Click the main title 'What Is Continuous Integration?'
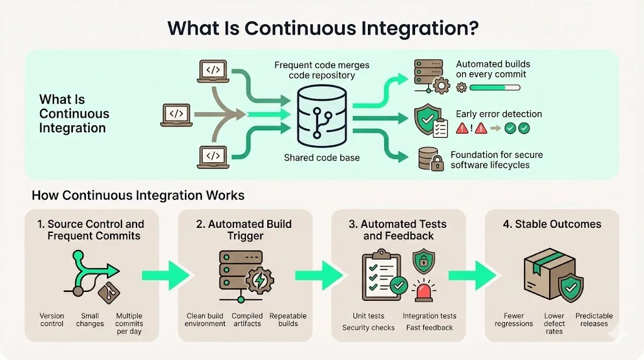pos(321,28)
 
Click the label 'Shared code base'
pos(321,157)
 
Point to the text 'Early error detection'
pos(499,115)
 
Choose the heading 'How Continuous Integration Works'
pos(138,195)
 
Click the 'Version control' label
pos(52,320)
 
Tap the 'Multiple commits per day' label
pos(129,323)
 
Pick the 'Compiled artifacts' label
pos(247,320)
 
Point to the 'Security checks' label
pos(369,327)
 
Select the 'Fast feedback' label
pos(430,327)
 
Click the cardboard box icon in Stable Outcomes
pos(544,274)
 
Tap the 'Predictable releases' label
pos(594,320)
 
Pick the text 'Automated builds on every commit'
pos(492,69)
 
